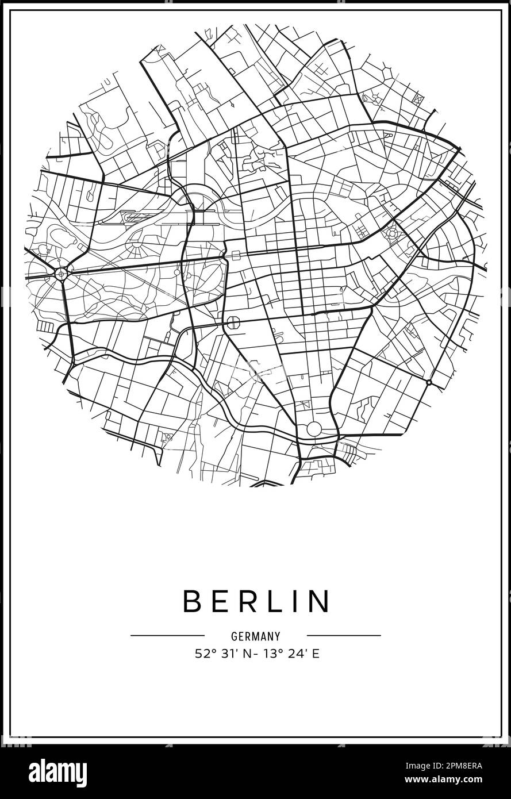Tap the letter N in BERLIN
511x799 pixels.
[x=320, y=601]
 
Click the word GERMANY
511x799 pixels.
[x=256, y=636]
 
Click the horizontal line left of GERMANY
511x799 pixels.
[x=167, y=636]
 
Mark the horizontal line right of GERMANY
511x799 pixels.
[x=344, y=636]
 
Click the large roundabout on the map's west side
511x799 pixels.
[x=61, y=272]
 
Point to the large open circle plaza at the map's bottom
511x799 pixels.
[x=314, y=428]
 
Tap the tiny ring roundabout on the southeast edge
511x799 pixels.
[x=429, y=382]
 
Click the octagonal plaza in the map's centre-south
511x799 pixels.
[x=233, y=322]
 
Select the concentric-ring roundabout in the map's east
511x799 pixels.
[x=393, y=233]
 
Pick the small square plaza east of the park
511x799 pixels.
[x=236, y=255]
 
